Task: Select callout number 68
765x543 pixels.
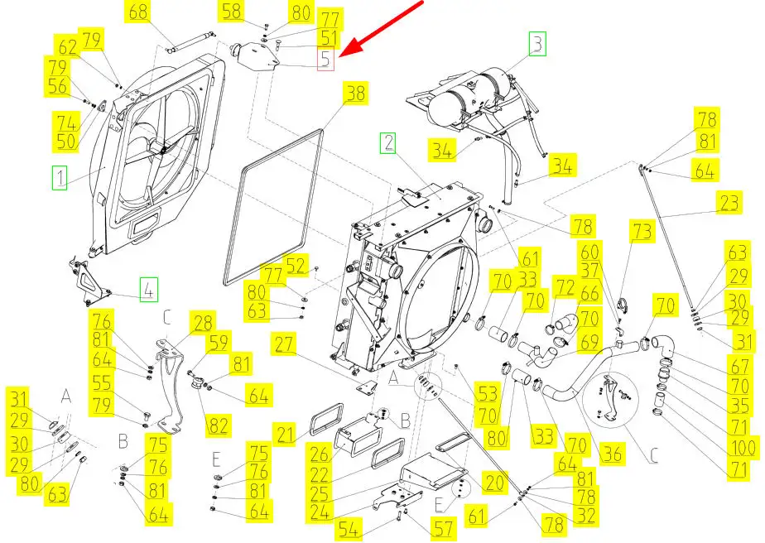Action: click(x=139, y=12)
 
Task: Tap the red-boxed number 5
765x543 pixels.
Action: click(x=325, y=59)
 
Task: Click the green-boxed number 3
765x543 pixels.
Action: click(x=537, y=43)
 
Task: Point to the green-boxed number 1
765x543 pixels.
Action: click(x=59, y=176)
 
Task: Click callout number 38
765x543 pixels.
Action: click(x=355, y=94)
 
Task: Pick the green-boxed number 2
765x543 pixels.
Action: click(x=388, y=143)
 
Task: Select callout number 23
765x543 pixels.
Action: click(x=729, y=203)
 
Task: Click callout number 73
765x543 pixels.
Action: click(x=642, y=231)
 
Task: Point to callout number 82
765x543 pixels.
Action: click(x=218, y=426)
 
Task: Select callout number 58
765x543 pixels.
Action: click(x=233, y=12)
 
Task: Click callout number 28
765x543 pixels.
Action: click(x=203, y=322)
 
